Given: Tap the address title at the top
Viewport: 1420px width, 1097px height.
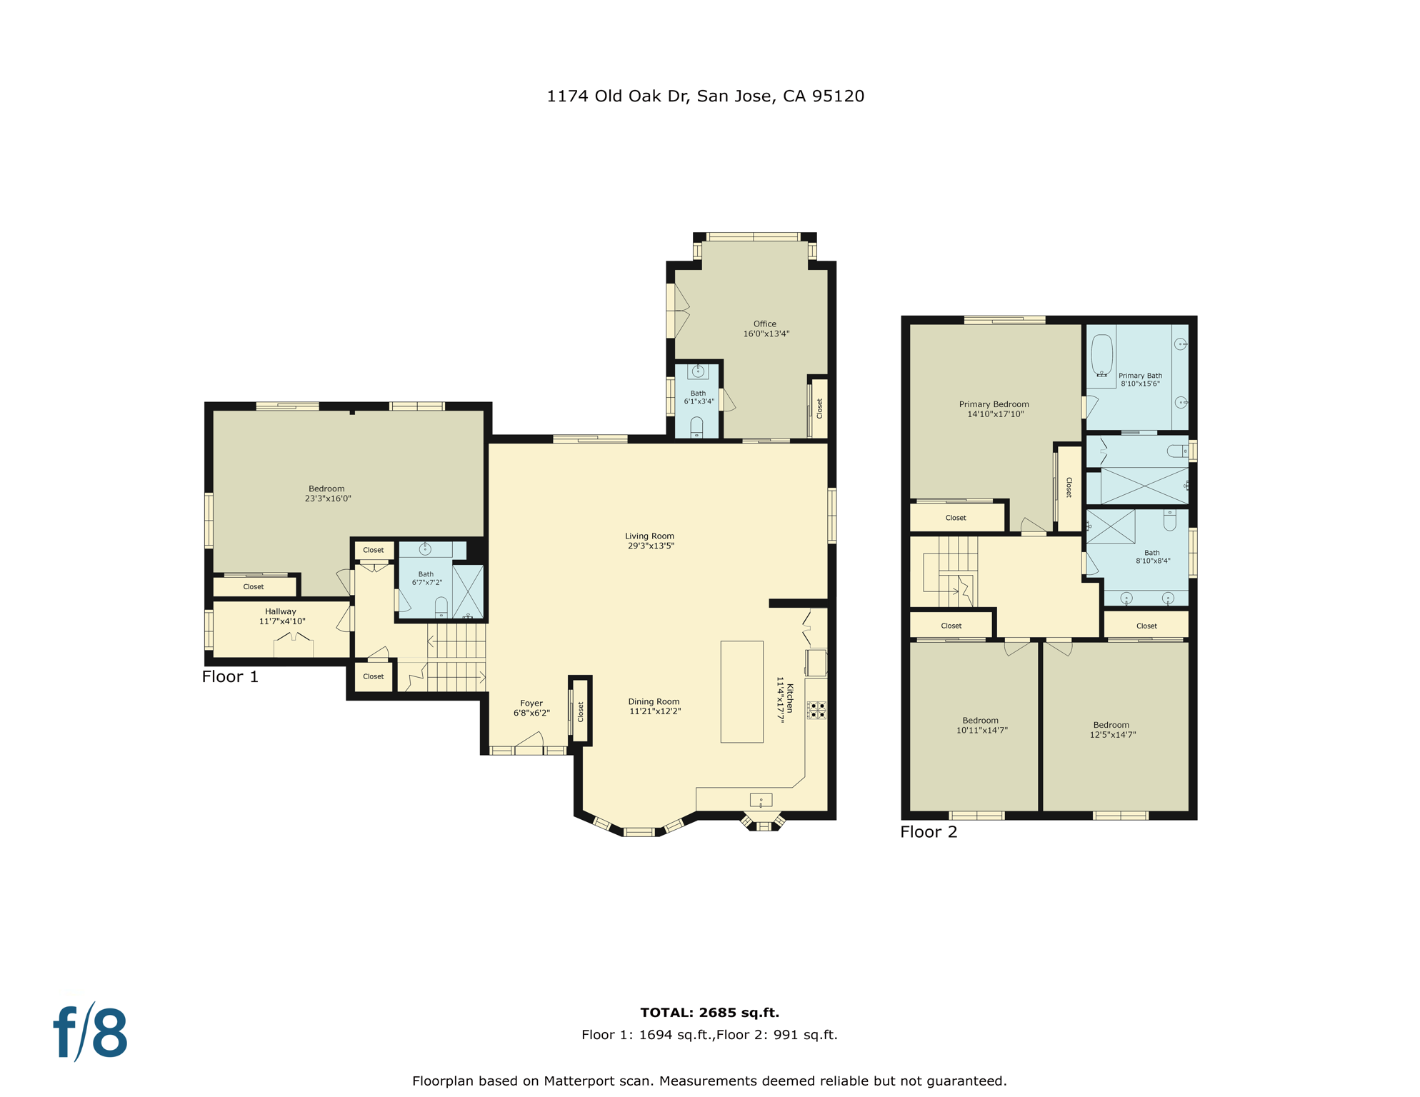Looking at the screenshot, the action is [705, 96].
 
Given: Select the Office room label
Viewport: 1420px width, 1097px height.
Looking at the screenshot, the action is [765, 324].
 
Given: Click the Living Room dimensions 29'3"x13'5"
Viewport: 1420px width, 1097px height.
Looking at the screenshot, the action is [651, 546].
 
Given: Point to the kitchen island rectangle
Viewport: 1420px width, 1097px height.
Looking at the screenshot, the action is [742, 691].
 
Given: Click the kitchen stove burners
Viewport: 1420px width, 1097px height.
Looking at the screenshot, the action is [816, 710].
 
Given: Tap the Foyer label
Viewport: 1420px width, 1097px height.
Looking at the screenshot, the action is [531, 703].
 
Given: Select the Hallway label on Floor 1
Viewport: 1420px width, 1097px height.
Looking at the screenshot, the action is [281, 611].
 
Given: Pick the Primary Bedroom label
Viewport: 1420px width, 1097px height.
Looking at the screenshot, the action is [994, 404].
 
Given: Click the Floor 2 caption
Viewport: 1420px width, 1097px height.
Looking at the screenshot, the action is [929, 832].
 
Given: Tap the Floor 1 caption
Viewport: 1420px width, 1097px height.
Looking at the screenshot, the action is [230, 676].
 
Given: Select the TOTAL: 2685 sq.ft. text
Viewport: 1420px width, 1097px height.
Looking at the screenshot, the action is [709, 1013].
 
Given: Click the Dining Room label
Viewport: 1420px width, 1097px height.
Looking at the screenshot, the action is [654, 702].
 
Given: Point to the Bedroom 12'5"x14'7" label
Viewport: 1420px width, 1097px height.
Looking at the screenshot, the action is [1112, 730].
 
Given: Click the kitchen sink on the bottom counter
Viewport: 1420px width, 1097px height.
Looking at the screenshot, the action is [761, 800].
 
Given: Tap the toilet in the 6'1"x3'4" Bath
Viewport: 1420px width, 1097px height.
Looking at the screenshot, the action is [696, 427].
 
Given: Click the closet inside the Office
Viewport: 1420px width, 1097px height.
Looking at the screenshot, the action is [819, 409].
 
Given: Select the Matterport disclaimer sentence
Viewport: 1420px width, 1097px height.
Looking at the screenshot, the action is [709, 1081].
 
